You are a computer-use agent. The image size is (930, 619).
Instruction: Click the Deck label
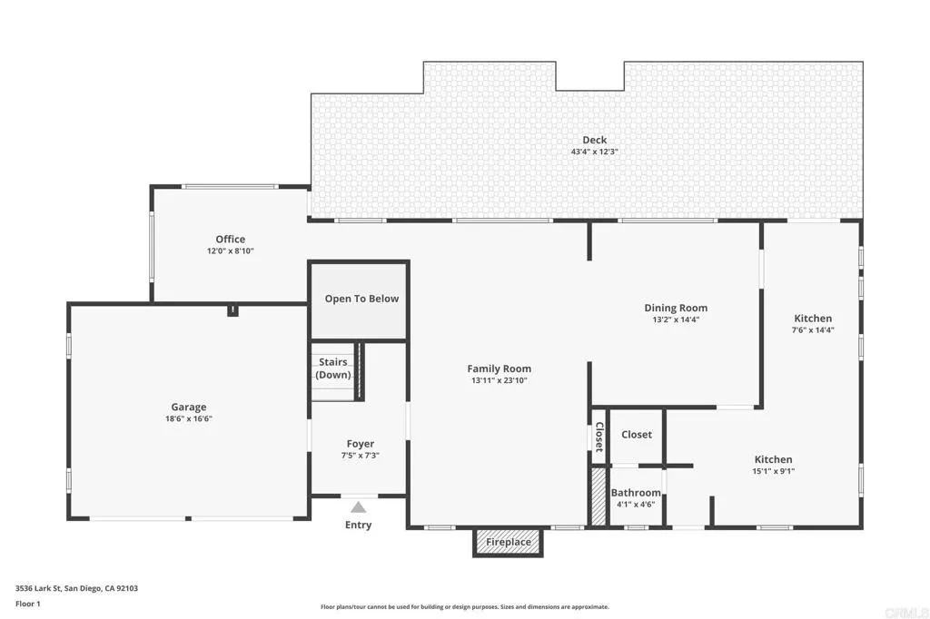[595, 140]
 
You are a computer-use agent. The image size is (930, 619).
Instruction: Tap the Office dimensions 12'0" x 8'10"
[230, 251]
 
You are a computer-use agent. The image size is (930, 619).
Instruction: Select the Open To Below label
[361, 299]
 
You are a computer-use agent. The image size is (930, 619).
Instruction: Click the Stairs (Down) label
[333, 368]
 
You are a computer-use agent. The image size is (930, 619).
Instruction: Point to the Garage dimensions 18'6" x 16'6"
[189, 418]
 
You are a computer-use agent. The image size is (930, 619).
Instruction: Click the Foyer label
[361, 444]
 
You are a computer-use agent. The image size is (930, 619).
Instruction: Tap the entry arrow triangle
[359, 507]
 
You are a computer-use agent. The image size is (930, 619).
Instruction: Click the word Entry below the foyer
[359, 525]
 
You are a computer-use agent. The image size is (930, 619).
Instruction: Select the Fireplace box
[508, 542]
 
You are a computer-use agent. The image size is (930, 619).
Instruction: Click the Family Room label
[499, 368]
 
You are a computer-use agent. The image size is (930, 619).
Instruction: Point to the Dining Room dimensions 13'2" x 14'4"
[676, 319]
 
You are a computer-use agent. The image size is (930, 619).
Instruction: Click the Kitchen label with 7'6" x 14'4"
[813, 319]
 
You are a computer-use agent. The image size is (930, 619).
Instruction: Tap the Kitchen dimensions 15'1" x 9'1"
[773, 471]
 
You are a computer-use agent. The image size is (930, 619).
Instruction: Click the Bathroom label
[636, 493]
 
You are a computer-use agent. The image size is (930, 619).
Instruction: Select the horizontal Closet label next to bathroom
[636, 435]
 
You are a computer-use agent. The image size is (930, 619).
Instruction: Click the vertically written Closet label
[599, 437]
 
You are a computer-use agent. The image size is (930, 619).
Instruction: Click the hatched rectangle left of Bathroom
[599, 496]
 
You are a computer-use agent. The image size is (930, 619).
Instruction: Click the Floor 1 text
[27, 603]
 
